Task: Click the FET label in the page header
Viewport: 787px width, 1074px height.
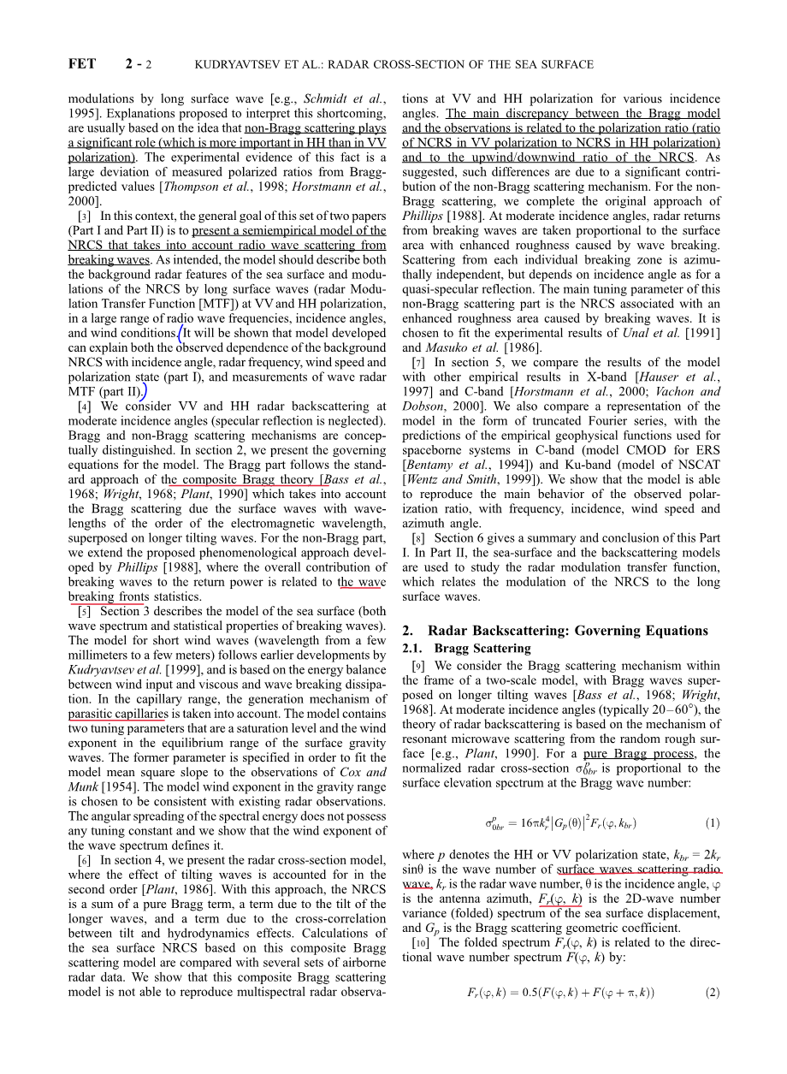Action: tap(81, 64)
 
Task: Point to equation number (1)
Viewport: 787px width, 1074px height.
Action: tap(713, 823)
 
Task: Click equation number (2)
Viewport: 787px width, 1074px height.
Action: tap(713, 993)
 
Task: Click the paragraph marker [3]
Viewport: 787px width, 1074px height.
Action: tap(84, 216)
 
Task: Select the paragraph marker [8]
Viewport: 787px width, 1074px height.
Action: tap(418, 538)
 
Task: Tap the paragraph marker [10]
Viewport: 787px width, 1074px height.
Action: tap(420, 943)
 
